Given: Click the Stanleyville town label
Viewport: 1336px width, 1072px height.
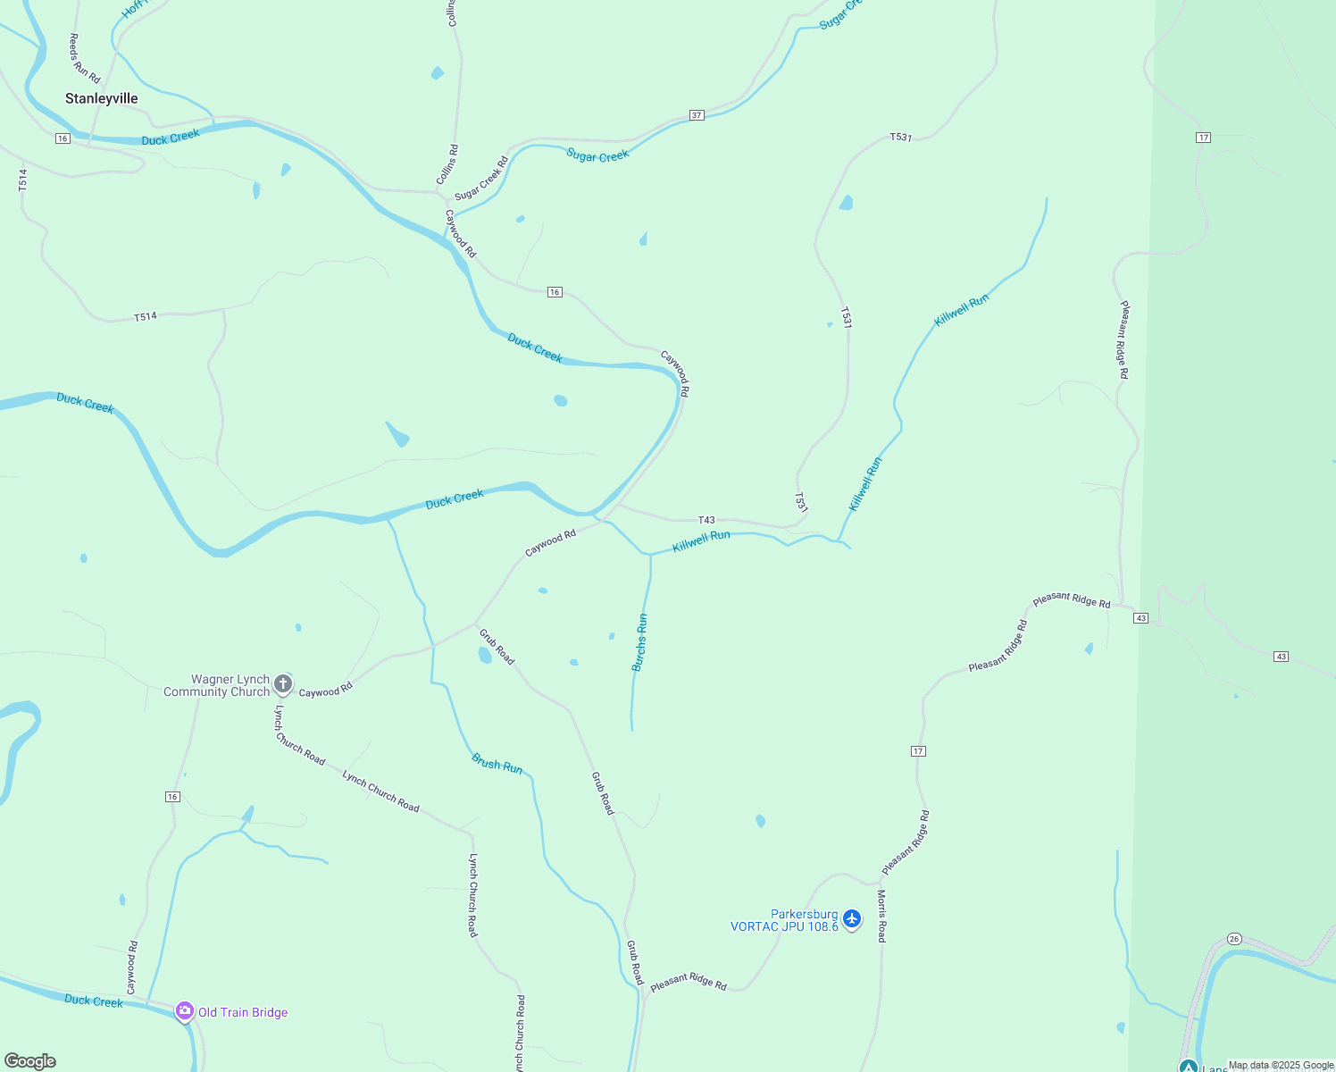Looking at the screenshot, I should (x=101, y=98).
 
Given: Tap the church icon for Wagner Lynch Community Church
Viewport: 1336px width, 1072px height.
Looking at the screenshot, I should (x=283, y=685).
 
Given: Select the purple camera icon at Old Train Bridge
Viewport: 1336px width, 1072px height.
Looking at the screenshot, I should (x=185, y=1011).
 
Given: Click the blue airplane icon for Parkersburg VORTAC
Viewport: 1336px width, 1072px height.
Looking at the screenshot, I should (x=852, y=918).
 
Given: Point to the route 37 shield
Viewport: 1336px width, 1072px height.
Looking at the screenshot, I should (x=697, y=115).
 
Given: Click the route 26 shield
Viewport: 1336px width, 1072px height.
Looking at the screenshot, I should (x=1234, y=939).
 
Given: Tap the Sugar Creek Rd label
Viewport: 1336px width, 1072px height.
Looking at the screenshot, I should (x=481, y=179).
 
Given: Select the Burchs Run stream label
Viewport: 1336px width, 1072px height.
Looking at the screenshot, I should (x=639, y=642).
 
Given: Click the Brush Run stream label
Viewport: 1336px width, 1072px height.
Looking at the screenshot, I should (x=497, y=765).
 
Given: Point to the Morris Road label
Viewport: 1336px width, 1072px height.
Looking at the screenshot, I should (x=881, y=916).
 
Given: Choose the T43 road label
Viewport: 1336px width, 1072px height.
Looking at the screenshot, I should (x=706, y=520).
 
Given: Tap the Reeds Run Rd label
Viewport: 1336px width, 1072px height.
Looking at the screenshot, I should (x=85, y=59).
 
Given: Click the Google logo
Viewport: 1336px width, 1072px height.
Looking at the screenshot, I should (x=30, y=1061).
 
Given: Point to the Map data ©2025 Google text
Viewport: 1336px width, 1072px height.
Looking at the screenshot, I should (x=1281, y=1065).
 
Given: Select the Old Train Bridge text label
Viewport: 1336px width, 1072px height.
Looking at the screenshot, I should (x=243, y=1012).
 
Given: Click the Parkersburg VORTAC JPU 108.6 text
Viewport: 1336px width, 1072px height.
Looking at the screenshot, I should (x=785, y=920).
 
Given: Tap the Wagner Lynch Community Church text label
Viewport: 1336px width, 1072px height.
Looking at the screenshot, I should (x=217, y=685).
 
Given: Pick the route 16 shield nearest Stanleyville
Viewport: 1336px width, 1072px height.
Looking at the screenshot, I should (x=62, y=138).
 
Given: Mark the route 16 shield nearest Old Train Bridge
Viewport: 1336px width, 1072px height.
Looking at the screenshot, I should (x=172, y=797).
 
